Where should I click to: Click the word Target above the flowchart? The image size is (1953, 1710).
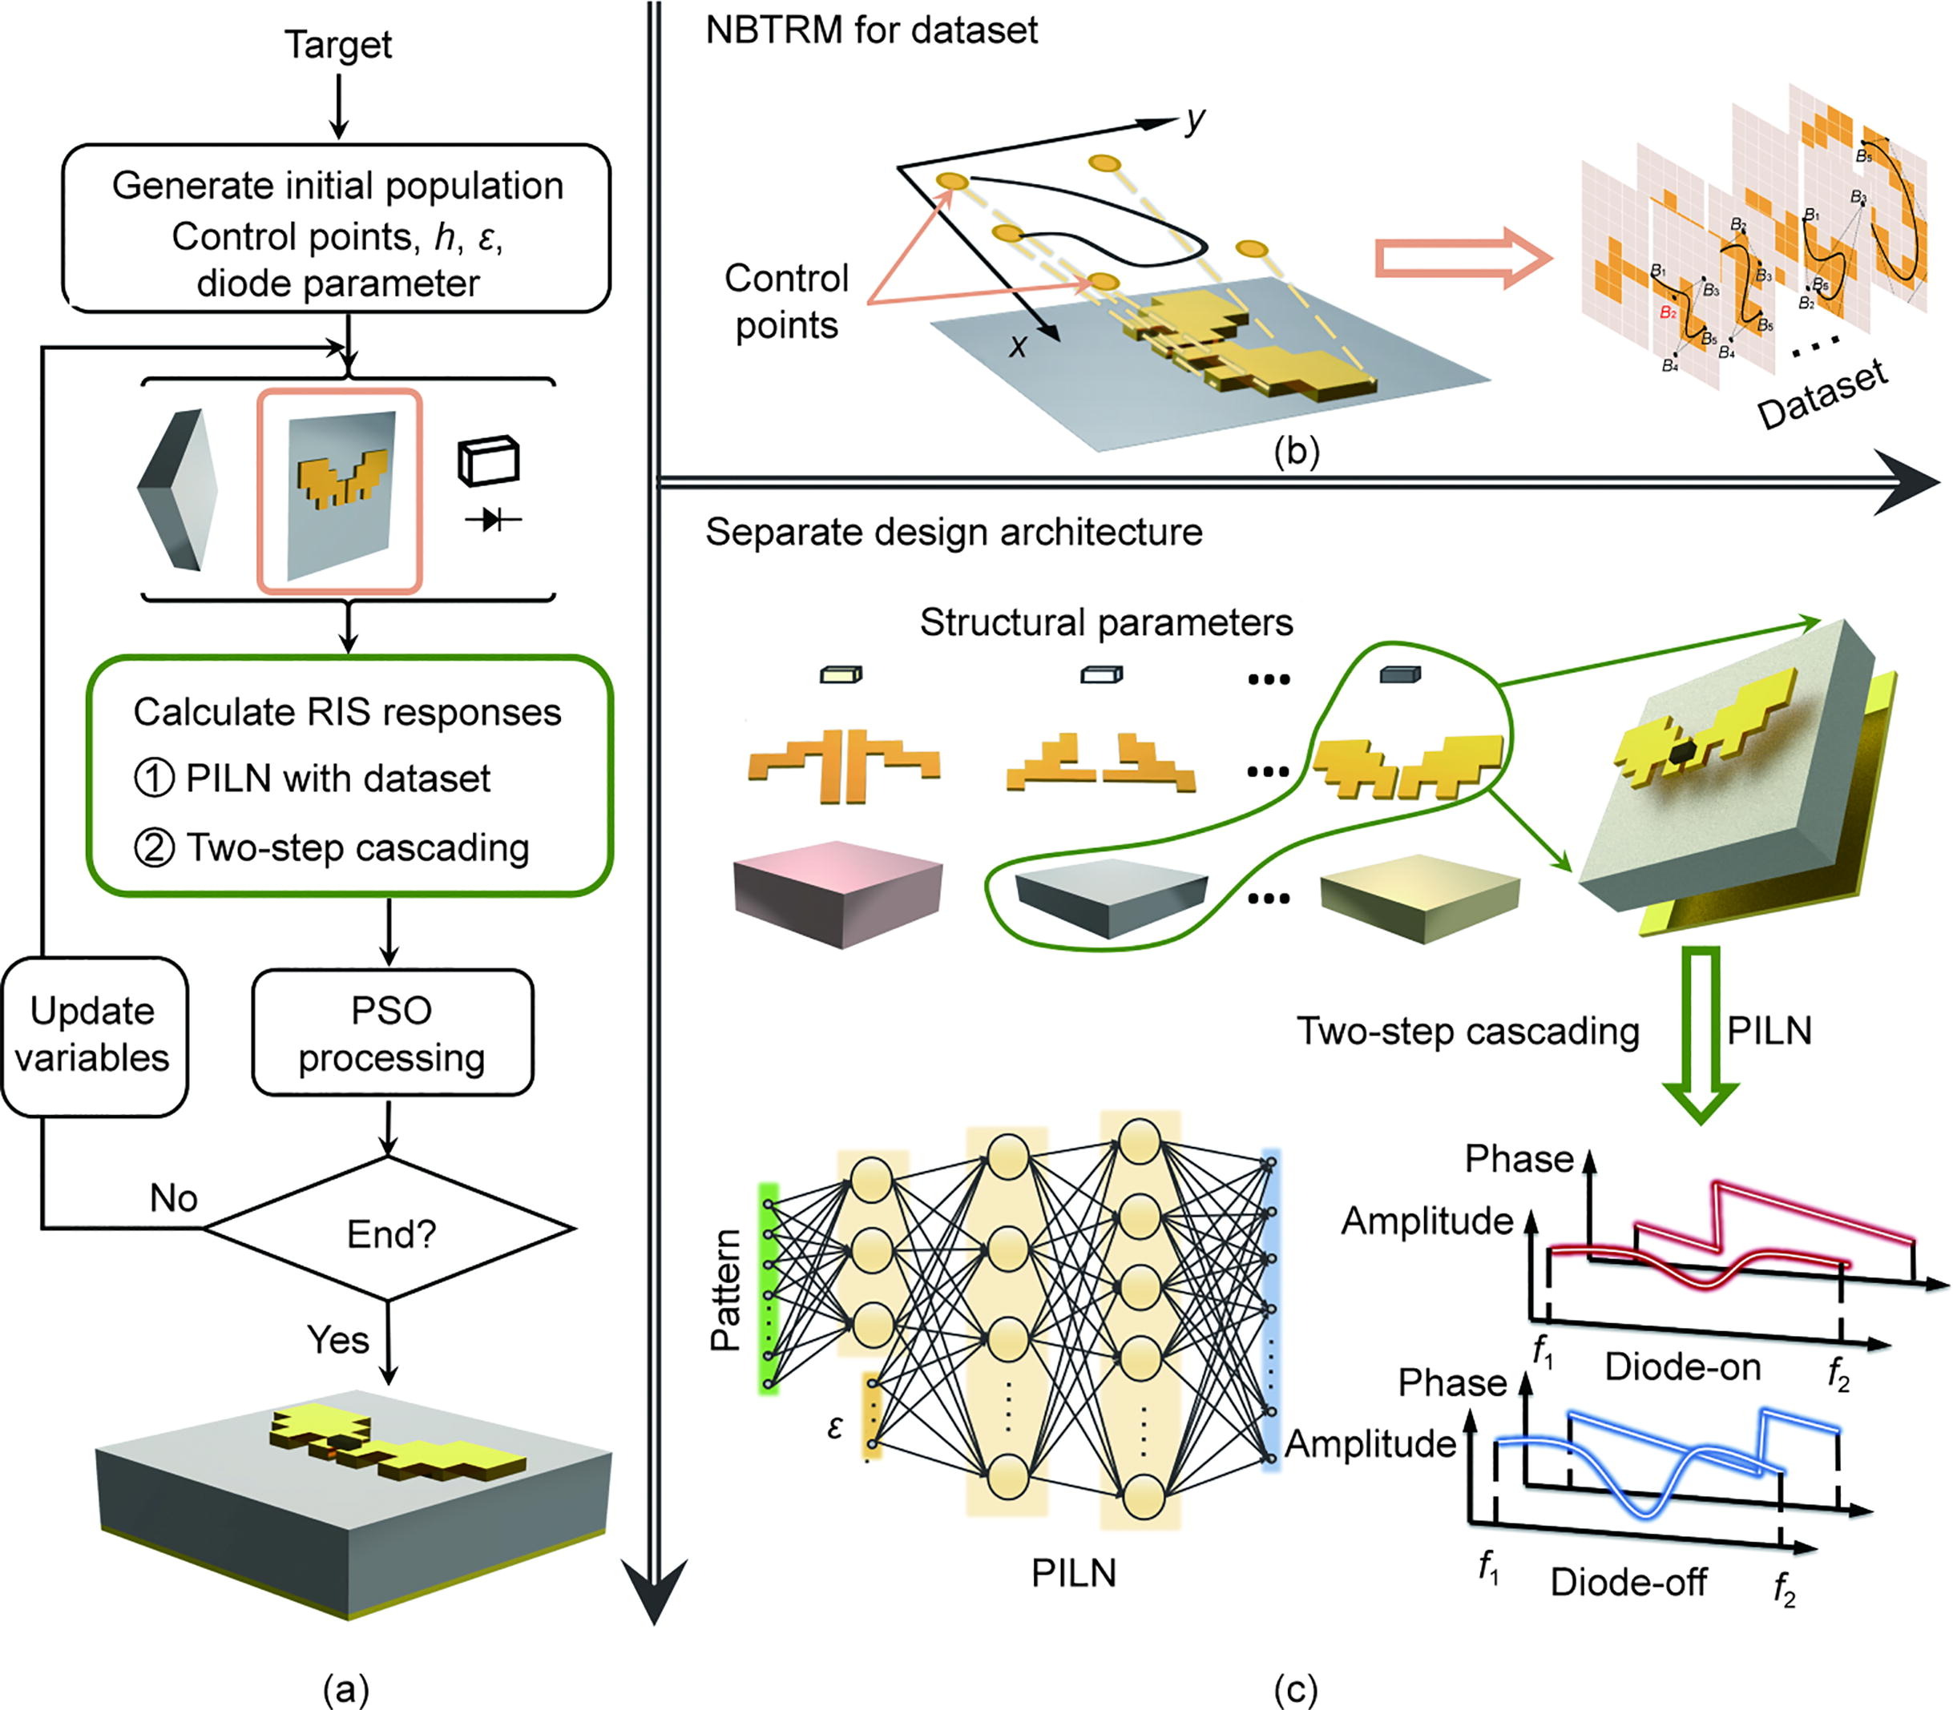coord(338,45)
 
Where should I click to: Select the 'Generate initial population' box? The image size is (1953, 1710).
coord(336,229)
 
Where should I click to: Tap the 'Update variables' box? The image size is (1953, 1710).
coord(93,1036)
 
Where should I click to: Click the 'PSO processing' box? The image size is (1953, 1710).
coord(391,1033)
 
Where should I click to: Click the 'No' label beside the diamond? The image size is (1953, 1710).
coord(174,1197)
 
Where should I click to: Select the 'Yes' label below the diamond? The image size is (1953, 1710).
coord(338,1340)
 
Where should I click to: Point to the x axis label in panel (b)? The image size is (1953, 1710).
coord(1019,345)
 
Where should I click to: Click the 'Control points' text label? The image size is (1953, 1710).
coord(786,301)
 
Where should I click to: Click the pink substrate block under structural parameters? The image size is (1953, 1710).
coord(837,892)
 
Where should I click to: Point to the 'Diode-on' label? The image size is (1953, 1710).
coord(1682,1367)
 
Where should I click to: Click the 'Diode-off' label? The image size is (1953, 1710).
coord(1628,1582)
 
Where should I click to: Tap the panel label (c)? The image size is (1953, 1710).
coord(1295,1689)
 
